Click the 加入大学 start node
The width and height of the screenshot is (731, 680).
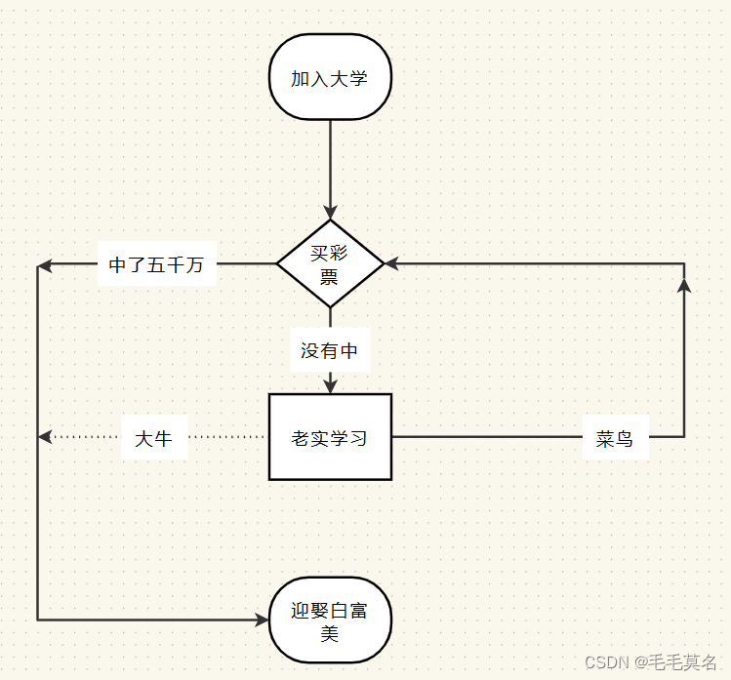point(330,78)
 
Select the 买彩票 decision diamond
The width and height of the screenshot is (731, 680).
point(330,263)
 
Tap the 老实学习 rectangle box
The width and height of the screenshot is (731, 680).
point(330,437)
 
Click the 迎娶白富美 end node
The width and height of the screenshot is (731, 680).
point(330,621)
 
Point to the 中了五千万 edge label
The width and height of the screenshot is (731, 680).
point(156,264)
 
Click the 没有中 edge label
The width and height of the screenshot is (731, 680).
point(330,350)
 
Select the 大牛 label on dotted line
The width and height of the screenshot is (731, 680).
point(154,438)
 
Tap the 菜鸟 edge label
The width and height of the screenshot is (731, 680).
point(615,439)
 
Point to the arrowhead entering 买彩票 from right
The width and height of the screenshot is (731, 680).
point(391,263)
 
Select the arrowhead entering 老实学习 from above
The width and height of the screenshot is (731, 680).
point(330,386)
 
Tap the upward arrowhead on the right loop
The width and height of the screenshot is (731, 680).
point(683,284)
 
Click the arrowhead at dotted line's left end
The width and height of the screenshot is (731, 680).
point(44,437)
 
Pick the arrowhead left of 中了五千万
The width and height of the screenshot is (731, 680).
point(44,264)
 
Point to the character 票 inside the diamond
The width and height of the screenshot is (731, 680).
point(330,276)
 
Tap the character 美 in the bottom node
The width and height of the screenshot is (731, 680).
point(330,634)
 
